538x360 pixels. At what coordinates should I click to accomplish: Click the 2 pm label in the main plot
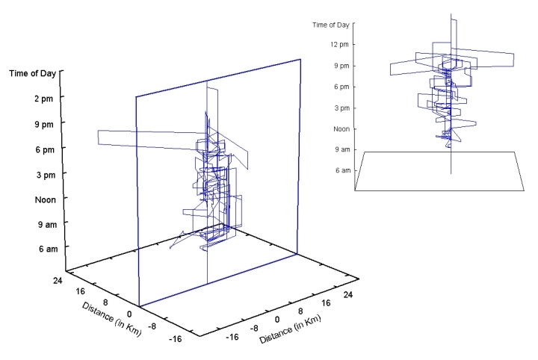coord(43,99)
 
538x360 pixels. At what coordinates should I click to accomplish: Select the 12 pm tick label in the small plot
coord(340,45)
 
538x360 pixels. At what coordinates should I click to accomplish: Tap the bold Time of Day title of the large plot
coord(32,73)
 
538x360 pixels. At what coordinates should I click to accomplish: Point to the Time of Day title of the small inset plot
coord(331,25)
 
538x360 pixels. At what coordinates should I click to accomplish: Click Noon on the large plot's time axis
coord(46,199)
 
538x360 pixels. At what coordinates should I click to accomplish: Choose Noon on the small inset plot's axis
coord(341,129)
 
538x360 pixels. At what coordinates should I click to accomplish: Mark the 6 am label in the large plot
coord(48,249)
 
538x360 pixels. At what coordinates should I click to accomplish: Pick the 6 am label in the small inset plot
coord(343,170)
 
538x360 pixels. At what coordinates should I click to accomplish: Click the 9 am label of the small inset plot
coord(343,149)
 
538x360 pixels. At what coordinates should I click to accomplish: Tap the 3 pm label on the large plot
coord(46,175)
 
